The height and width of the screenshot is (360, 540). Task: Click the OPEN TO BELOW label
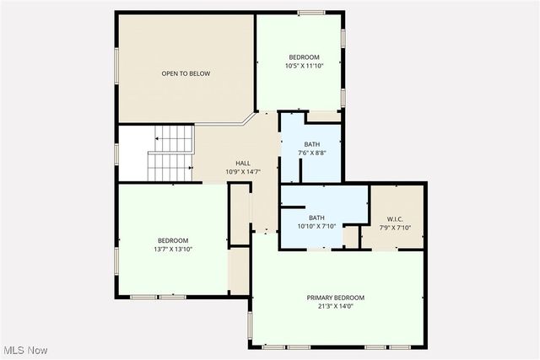[186, 73]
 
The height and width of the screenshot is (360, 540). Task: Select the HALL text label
[242, 164]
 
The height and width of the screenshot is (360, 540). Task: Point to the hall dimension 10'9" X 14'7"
[242, 172]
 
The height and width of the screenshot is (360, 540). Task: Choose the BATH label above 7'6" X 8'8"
[312, 144]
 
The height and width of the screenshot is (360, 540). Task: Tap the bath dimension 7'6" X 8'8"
[312, 153]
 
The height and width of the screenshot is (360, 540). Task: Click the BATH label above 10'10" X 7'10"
[316, 218]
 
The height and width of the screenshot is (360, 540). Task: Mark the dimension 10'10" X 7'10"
[316, 226]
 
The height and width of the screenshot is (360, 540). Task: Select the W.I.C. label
[397, 218]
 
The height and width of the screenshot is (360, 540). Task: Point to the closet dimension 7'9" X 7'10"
[397, 227]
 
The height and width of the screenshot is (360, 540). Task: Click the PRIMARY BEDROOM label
[335, 298]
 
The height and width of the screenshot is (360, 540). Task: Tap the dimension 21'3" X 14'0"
[335, 306]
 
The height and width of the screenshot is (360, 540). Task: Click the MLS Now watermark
[24, 350]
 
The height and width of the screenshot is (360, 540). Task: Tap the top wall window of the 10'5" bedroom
[311, 12]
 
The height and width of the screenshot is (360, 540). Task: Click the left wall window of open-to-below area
[116, 67]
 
